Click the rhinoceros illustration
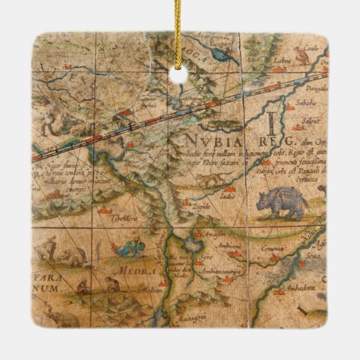pos(282,202)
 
